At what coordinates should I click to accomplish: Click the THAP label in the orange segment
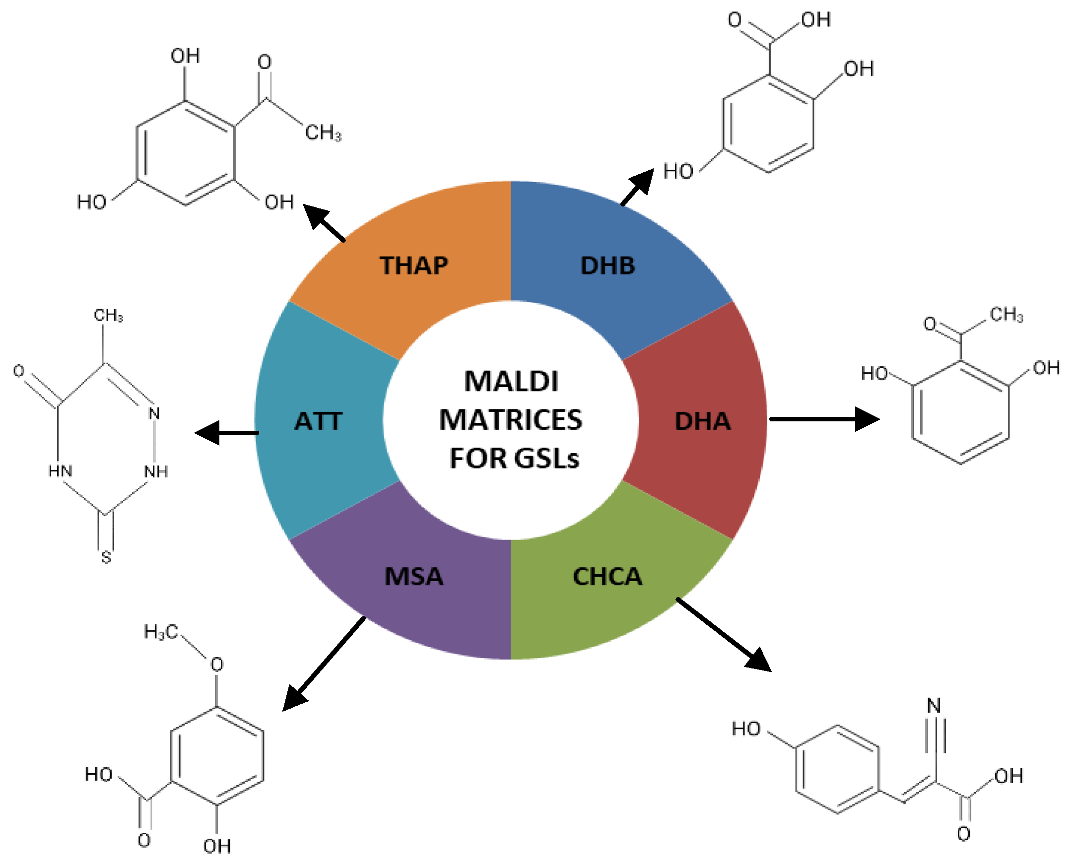pos(413,266)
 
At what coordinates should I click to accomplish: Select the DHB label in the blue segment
pos(607,266)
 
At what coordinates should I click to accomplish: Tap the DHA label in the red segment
pos(702,421)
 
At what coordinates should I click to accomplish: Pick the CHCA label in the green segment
pos(607,577)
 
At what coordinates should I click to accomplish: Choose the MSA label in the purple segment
pos(413,577)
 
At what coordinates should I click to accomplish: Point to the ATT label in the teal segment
pos(318,421)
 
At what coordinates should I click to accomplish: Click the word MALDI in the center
pos(511,382)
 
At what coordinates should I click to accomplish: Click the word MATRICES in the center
pos(511,420)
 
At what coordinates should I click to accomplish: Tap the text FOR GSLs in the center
pos(514,459)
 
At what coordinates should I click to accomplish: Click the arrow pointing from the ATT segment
pos(226,432)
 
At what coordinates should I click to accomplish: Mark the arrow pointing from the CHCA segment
pos(724,634)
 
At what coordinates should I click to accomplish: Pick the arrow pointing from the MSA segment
pos(324,664)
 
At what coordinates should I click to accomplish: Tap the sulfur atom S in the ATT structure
pos(106,557)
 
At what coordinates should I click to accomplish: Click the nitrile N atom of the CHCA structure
pos(934,706)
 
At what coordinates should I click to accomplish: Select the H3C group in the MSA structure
pos(161,632)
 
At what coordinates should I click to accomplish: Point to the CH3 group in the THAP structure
pos(323,133)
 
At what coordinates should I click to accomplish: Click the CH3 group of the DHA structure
pos(1007,315)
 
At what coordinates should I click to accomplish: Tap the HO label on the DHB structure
pos(678,172)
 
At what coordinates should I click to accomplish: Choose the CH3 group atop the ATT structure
pos(108,316)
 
